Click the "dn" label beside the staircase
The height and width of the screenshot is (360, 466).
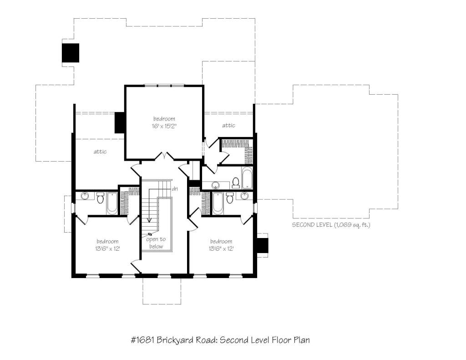pyautogui.click(x=175, y=189)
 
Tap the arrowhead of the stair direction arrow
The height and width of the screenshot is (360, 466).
pyautogui.click(x=149, y=220)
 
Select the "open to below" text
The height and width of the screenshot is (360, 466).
pyautogui.click(x=156, y=243)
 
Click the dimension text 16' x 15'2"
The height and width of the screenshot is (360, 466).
pyautogui.click(x=164, y=126)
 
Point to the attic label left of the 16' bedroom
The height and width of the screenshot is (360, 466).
pyautogui.click(x=100, y=152)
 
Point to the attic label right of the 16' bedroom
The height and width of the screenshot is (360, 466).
pyautogui.click(x=228, y=126)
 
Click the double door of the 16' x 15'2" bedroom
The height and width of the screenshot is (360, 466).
pyautogui.click(x=165, y=156)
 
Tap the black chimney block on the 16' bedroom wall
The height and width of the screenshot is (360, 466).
pyautogui.click(x=120, y=123)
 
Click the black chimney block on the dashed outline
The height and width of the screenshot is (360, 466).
pyautogui.click(x=71, y=53)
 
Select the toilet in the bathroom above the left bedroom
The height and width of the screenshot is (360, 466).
pyautogui.click(x=100, y=198)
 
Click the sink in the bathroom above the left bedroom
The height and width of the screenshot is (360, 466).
pyautogui.click(x=85, y=196)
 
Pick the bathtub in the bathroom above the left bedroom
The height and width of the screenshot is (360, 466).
pyautogui.click(x=112, y=203)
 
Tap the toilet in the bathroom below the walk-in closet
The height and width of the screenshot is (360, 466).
pyautogui.click(x=236, y=183)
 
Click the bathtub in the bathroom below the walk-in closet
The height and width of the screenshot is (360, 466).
pyautogui.click(x=247, y=178)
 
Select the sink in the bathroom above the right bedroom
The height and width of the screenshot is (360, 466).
pyautogui.click(x=244, y=196)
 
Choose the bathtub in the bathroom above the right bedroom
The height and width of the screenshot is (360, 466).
pyautogui.click(x=218, y=203)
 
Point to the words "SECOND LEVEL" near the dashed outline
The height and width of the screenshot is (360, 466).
pyautogui.click(x=312, y=225)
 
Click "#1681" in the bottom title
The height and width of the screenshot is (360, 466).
pyautogui.click(x=142, y=340)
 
